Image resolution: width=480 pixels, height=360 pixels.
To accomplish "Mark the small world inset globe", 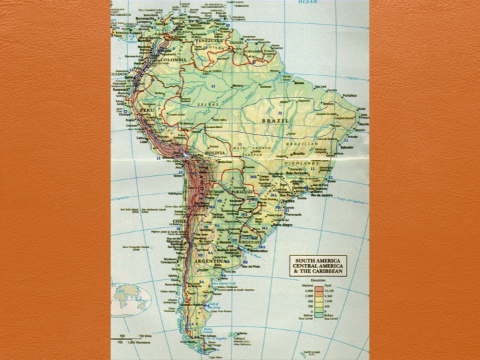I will click(130, 299).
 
